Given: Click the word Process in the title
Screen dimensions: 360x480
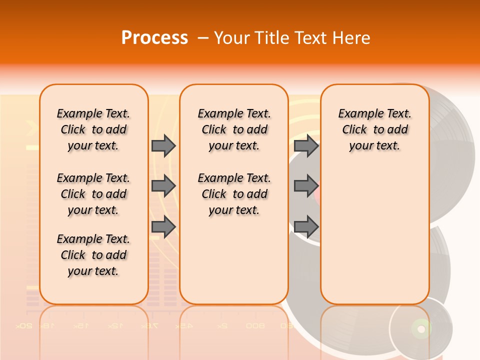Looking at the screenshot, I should [x=154, y=38].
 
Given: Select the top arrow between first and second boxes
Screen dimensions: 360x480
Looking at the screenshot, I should [x=163, y=146].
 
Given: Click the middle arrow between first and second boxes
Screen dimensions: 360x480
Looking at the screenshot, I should [x=163, y=186].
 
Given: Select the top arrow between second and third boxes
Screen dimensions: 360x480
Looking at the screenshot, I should [x=306, y=146].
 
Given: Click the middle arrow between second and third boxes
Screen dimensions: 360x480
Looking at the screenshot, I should [x=306, y=186].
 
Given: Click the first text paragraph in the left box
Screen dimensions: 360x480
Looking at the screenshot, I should [x=93, y=129].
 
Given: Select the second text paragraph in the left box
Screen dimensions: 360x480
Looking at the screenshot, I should [x=93, y=194].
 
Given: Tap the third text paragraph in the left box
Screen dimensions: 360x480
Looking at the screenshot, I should [x=93, y=255].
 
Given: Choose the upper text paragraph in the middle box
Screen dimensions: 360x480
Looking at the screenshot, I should [x=234, y=129].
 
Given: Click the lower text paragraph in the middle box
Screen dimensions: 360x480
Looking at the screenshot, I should [x=234, y=194].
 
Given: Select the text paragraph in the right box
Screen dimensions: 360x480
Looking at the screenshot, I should [x=375, y=129].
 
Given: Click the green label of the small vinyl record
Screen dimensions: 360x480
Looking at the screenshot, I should [x=420, y=328].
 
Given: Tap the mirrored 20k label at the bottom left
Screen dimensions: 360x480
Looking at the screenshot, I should [x=24, y=326].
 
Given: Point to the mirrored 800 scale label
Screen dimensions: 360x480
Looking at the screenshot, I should [x=255, y=326].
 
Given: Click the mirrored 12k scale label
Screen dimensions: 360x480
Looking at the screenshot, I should [x=114, y=326].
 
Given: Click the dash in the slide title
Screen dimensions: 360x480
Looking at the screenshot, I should [x=203, y=38].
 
